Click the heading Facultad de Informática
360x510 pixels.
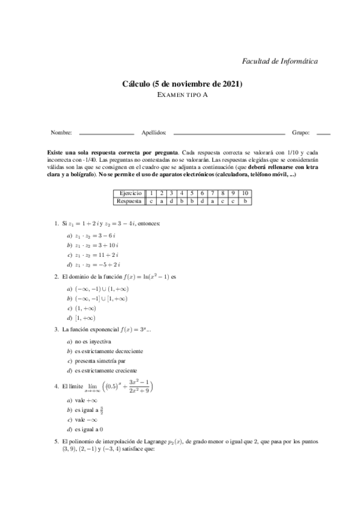(279, 61)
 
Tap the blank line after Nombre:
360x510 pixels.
(106, 132)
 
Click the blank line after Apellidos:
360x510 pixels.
(229, 132)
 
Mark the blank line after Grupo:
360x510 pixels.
(323, 132)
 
